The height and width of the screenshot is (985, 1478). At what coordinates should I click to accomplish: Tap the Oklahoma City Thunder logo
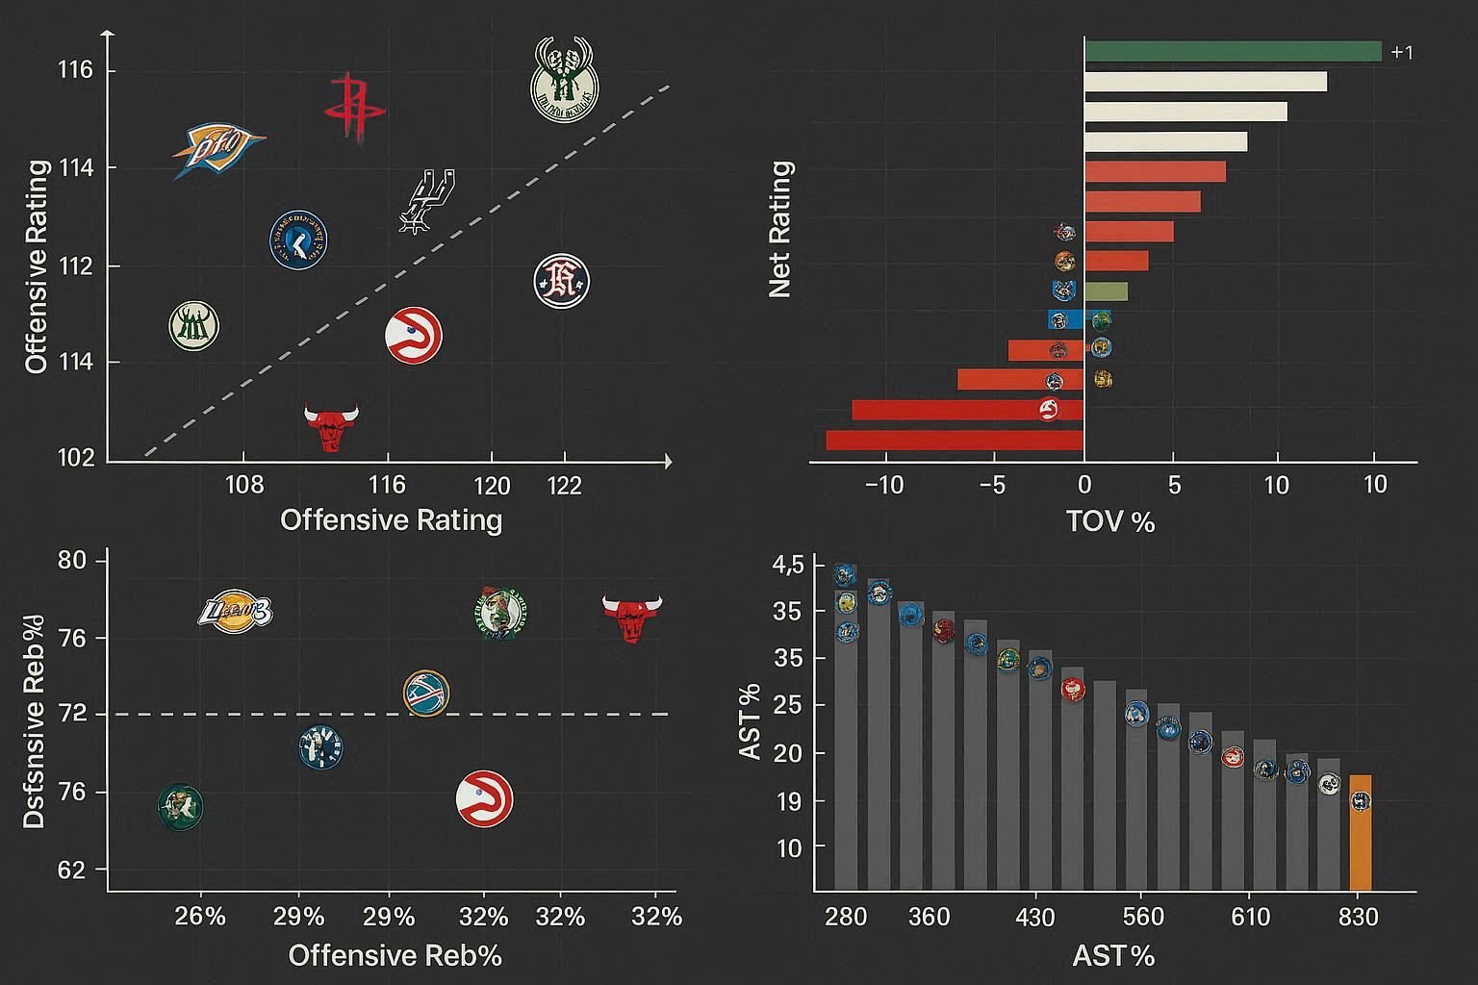217,149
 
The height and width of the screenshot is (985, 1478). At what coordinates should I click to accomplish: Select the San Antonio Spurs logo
426,200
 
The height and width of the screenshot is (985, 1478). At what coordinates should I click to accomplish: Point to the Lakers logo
236,612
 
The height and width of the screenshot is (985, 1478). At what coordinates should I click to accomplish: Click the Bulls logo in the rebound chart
632,617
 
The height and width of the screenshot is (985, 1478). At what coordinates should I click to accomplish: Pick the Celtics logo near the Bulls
500,613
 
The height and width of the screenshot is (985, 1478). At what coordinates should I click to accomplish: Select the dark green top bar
1233,51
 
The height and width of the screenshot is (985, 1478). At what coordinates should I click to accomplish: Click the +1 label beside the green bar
1402,53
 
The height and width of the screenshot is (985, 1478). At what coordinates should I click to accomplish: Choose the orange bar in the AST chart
1360,832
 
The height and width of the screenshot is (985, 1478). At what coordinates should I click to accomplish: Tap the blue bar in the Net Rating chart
1066,320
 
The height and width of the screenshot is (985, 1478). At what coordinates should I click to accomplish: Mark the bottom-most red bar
955,441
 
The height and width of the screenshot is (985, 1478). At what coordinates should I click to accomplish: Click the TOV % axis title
1109,521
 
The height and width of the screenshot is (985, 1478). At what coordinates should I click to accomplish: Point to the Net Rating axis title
780,229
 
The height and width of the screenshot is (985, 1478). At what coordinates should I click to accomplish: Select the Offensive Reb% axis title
395,955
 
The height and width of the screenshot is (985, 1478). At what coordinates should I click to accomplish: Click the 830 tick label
1358,917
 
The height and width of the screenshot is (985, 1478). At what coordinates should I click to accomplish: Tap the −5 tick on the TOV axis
991,484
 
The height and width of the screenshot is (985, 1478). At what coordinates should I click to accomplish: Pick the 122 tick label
564,485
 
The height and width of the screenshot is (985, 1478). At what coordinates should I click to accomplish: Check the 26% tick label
200,916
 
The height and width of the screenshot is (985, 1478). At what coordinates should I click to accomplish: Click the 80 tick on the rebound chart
71,560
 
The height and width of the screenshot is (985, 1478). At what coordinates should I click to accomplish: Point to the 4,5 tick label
787,565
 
